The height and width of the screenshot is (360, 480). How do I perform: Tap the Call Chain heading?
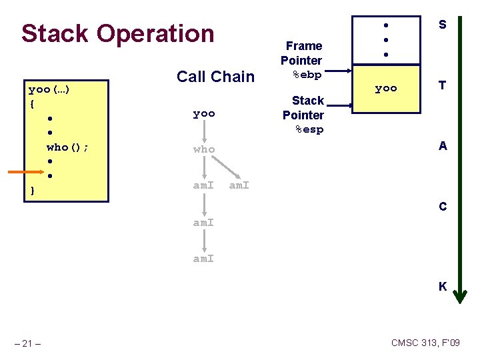tap(215, 77)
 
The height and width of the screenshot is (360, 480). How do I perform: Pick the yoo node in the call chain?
tap(204, 113)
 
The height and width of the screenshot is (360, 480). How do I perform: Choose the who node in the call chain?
tap(204, 149)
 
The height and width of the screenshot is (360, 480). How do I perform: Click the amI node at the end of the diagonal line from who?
tap(239, 185)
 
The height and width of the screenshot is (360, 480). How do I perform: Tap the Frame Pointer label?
tap(303, 53)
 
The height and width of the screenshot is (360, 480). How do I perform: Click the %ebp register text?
tap(307, 74)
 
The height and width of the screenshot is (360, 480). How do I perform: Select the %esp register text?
tap(309, 129)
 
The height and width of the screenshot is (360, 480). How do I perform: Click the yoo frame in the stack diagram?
tap(386, 88)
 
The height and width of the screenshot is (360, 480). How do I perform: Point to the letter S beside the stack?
tap(442, 25)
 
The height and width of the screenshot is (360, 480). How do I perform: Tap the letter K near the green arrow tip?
tap(442, 287)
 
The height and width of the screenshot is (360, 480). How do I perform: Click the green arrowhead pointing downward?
tap(459, 296)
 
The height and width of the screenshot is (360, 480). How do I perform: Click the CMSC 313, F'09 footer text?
tap(425, 343)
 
